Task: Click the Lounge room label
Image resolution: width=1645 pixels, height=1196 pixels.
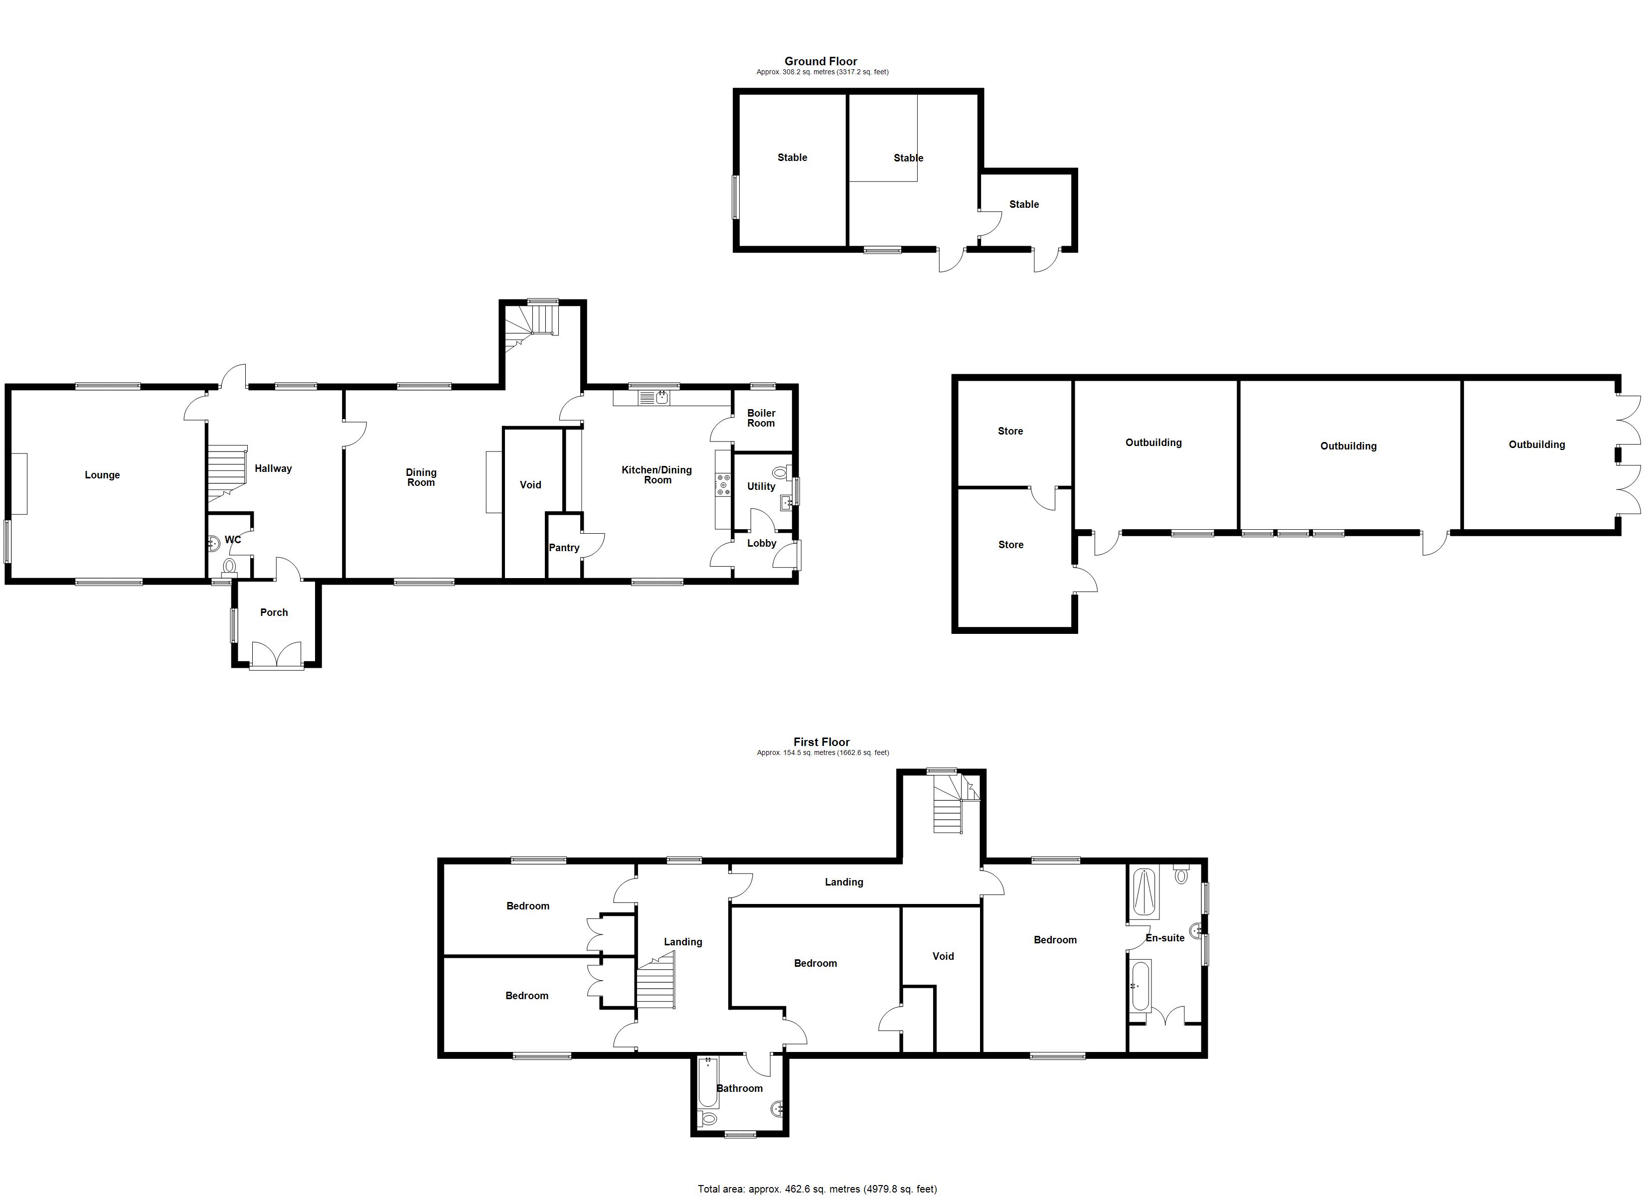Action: coord(102,475)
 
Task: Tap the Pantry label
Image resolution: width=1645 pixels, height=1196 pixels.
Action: coord(564,548)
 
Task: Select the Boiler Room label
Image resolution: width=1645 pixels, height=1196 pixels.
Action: coord(761,419)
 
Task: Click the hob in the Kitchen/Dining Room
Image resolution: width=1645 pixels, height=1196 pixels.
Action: coord(723,484)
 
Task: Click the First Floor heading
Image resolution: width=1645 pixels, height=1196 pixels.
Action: coord(821,742)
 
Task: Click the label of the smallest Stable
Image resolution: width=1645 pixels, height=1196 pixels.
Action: coord(1023,204)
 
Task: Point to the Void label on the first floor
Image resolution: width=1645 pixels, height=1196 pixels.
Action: coord(943,956)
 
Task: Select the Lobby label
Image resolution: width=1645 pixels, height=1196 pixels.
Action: coord(762,543)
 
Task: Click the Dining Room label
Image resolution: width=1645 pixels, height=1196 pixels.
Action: coord(421,477)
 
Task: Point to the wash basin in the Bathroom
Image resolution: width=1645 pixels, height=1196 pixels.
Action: coord(777,1108)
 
